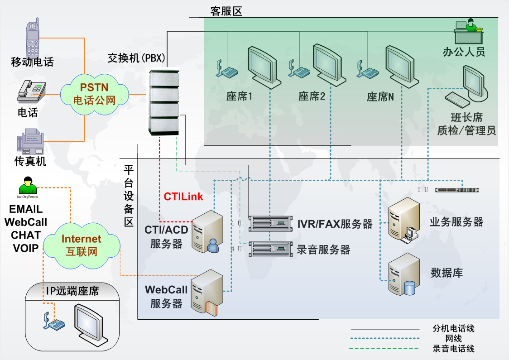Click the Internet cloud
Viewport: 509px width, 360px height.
pos(82,245)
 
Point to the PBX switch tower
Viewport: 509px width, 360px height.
pos(164,101)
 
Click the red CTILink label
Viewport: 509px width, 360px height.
pos(183,197)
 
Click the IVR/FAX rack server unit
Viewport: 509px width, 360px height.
pos(271,223)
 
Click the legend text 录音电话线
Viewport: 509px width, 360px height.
pos(453,349)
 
